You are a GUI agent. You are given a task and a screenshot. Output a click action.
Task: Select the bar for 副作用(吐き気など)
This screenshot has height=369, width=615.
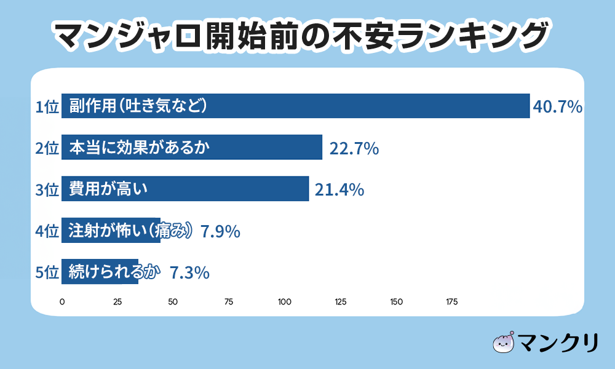(x=295, y=106)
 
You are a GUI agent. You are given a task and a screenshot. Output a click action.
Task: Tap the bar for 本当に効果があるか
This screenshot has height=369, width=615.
(x=192, y=148)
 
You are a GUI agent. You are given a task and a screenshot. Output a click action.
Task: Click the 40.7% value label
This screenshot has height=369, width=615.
(x=557, y=107)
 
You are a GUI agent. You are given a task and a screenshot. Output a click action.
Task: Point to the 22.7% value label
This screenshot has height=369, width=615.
(x=353, y=148)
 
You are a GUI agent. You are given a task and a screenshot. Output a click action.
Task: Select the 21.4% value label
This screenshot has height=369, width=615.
(x=339, y=190)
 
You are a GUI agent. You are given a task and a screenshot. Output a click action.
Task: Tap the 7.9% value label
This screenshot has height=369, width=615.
(x=220, y=231)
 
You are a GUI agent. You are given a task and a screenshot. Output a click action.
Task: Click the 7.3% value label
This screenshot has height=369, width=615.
(x=190, y=272)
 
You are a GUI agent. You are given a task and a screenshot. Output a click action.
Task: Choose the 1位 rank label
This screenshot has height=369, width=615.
(x=47, y=107)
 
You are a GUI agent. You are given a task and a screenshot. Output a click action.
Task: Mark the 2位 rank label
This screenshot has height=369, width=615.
(x=47, y=148)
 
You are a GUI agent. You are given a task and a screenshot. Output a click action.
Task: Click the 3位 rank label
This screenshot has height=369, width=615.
(x=47, y=190)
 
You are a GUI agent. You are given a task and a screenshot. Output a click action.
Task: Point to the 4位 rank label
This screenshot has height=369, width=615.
(x=47, y=231)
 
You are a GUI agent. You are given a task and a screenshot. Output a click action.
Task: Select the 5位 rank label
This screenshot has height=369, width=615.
(x=47, y=272)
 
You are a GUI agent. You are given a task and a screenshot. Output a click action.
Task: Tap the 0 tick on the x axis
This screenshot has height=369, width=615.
(x=62, y=302)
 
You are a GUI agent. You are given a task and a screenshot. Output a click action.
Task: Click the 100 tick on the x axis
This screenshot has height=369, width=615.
(x=285, y=302)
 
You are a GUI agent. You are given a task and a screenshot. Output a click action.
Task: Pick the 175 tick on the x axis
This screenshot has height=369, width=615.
(x=451, y=302)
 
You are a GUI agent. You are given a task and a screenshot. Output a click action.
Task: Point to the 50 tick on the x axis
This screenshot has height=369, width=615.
(x=173, y=302)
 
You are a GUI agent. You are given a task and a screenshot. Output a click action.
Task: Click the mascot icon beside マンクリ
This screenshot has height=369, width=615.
(x=504, y=343)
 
